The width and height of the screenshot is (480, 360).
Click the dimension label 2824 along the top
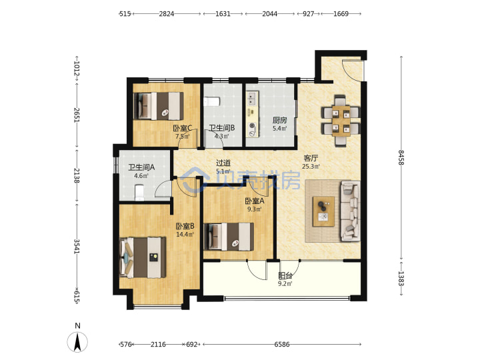click(166, 14)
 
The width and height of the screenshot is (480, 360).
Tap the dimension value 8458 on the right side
click(401, 157)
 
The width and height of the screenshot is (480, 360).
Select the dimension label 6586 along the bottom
click(281, 345)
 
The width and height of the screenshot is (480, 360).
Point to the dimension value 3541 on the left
click(77, 247)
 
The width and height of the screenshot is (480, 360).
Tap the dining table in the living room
click(341, 121)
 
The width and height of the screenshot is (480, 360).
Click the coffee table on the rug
click(323, 211)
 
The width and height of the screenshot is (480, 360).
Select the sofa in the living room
click(350, 211)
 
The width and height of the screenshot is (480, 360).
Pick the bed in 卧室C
click(159, 106)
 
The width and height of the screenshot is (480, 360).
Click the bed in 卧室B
click(143, 257)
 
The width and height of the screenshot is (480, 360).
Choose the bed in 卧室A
click(229, 237)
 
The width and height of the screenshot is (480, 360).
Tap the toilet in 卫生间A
click(139, 192)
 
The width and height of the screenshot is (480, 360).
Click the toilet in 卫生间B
click(212, 101)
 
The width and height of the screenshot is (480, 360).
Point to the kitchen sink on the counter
click(252, 99)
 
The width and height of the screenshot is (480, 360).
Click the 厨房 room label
click(279, 120)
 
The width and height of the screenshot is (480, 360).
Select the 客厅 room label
click(311, 158)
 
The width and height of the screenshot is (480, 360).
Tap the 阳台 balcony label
click(285, 275)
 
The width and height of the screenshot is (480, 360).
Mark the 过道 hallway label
click(223, 163)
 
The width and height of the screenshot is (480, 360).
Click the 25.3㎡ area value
click(311, 167)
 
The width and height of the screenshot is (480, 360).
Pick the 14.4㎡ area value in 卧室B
click(185, 235)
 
